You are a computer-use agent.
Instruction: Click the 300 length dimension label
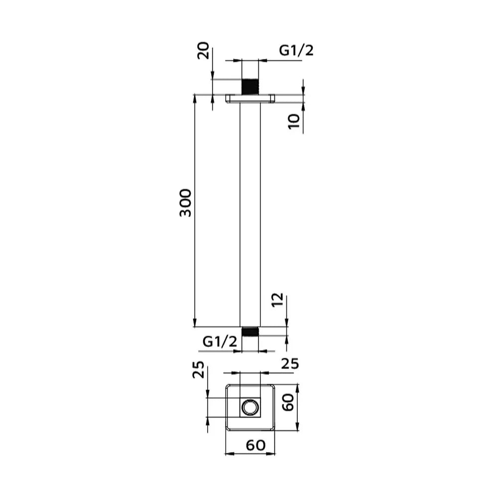[186, 203]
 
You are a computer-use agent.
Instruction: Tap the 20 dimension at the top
[203, 50]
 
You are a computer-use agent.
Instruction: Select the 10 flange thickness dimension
[294, 121]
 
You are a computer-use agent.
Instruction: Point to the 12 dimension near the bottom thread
[277, 299]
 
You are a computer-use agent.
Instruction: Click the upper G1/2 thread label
[296, 50]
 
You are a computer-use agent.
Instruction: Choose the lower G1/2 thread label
[220, 342]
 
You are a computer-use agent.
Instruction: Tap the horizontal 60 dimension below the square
[255, 446]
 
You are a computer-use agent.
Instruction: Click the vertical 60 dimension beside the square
[288, 402]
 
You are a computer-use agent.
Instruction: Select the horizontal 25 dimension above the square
[289, 364]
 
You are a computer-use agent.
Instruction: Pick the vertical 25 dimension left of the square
[198, 370]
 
